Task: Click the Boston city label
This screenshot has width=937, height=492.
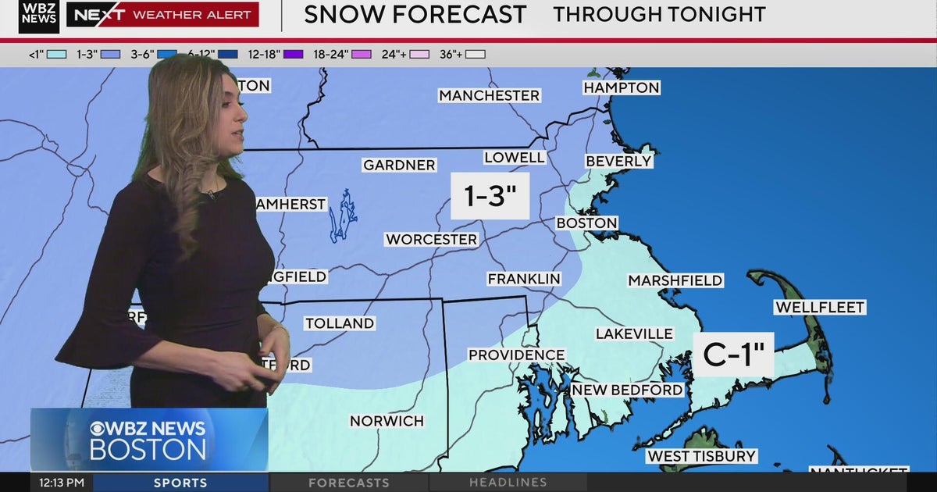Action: click(586, 223)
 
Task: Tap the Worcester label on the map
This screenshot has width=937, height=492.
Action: click(431, 240)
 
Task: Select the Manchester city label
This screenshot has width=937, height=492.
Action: click(489, 95)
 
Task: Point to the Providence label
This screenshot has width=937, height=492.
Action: click(516, 355)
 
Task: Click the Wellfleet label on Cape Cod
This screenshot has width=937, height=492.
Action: click(820, 308)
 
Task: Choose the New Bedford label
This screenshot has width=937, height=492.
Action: click(627, 390)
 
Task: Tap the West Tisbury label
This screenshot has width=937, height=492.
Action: click(701, 456)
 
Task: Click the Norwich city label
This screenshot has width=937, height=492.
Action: click(387, 421)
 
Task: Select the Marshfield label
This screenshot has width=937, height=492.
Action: click(675, 280)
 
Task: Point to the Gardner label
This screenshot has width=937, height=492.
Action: click(399, 165)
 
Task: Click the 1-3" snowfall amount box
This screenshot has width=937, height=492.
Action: click(490, 196)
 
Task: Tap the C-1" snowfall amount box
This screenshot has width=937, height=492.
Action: click(733, 355)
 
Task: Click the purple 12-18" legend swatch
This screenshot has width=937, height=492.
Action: click(293, 54)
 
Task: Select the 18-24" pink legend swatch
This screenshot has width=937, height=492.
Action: click(361, 54)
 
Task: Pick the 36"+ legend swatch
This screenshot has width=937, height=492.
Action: click(476, 54)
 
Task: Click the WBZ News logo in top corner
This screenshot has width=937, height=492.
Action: click(38, 16)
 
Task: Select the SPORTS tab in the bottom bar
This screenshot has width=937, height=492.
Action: click(180, 483)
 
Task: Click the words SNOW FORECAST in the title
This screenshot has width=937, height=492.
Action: click(415, 15)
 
